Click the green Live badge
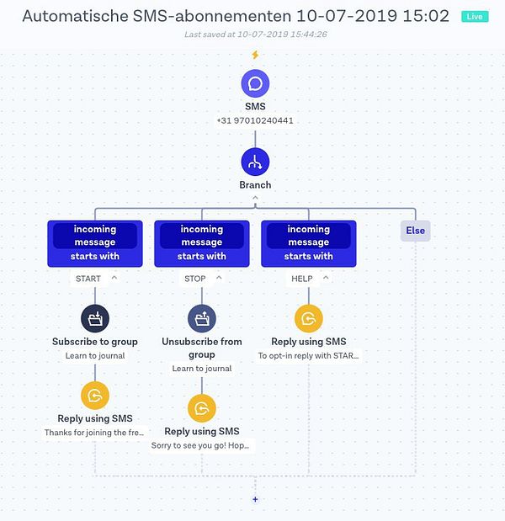tap(475, 17)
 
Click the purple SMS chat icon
tap(255, 83)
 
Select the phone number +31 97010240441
tap(255, 120)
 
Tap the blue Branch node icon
tap(255, 162)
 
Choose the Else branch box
tap(415, 231)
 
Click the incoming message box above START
tap(95, 243)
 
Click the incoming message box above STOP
tap(202, 243)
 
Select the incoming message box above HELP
tap(309, 243)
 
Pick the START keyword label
tap(88, 279)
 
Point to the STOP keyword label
tap(194, 279)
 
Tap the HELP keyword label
tap(301, 279)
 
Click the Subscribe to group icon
tap(95, 318)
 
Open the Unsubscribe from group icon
tap(202, 318)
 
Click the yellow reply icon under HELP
tap(309, 318)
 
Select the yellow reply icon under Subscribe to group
tap(95, 395)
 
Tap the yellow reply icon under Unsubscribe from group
tap(202, 408)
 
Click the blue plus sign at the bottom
tap(255, 499)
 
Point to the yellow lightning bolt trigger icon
tap(255, 55)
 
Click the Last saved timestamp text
tap(255, 35)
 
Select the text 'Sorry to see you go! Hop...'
tap(202, 445)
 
